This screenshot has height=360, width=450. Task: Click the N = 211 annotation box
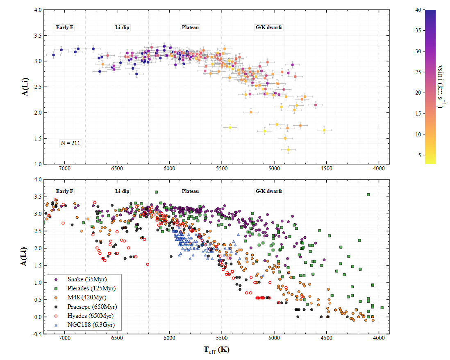click(x=70, y=143)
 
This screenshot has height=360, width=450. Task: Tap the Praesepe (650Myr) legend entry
click(x=87, y=306)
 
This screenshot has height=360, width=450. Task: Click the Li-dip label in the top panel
click(x=122, y=27)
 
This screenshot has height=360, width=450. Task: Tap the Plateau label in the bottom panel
click(x=190, y=191)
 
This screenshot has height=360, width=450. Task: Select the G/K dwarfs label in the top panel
click(x=269, y=27)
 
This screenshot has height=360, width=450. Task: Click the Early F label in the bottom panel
click(x=65, y=191)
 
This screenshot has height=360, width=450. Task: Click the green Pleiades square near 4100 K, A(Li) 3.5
click(x=368, y=195)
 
